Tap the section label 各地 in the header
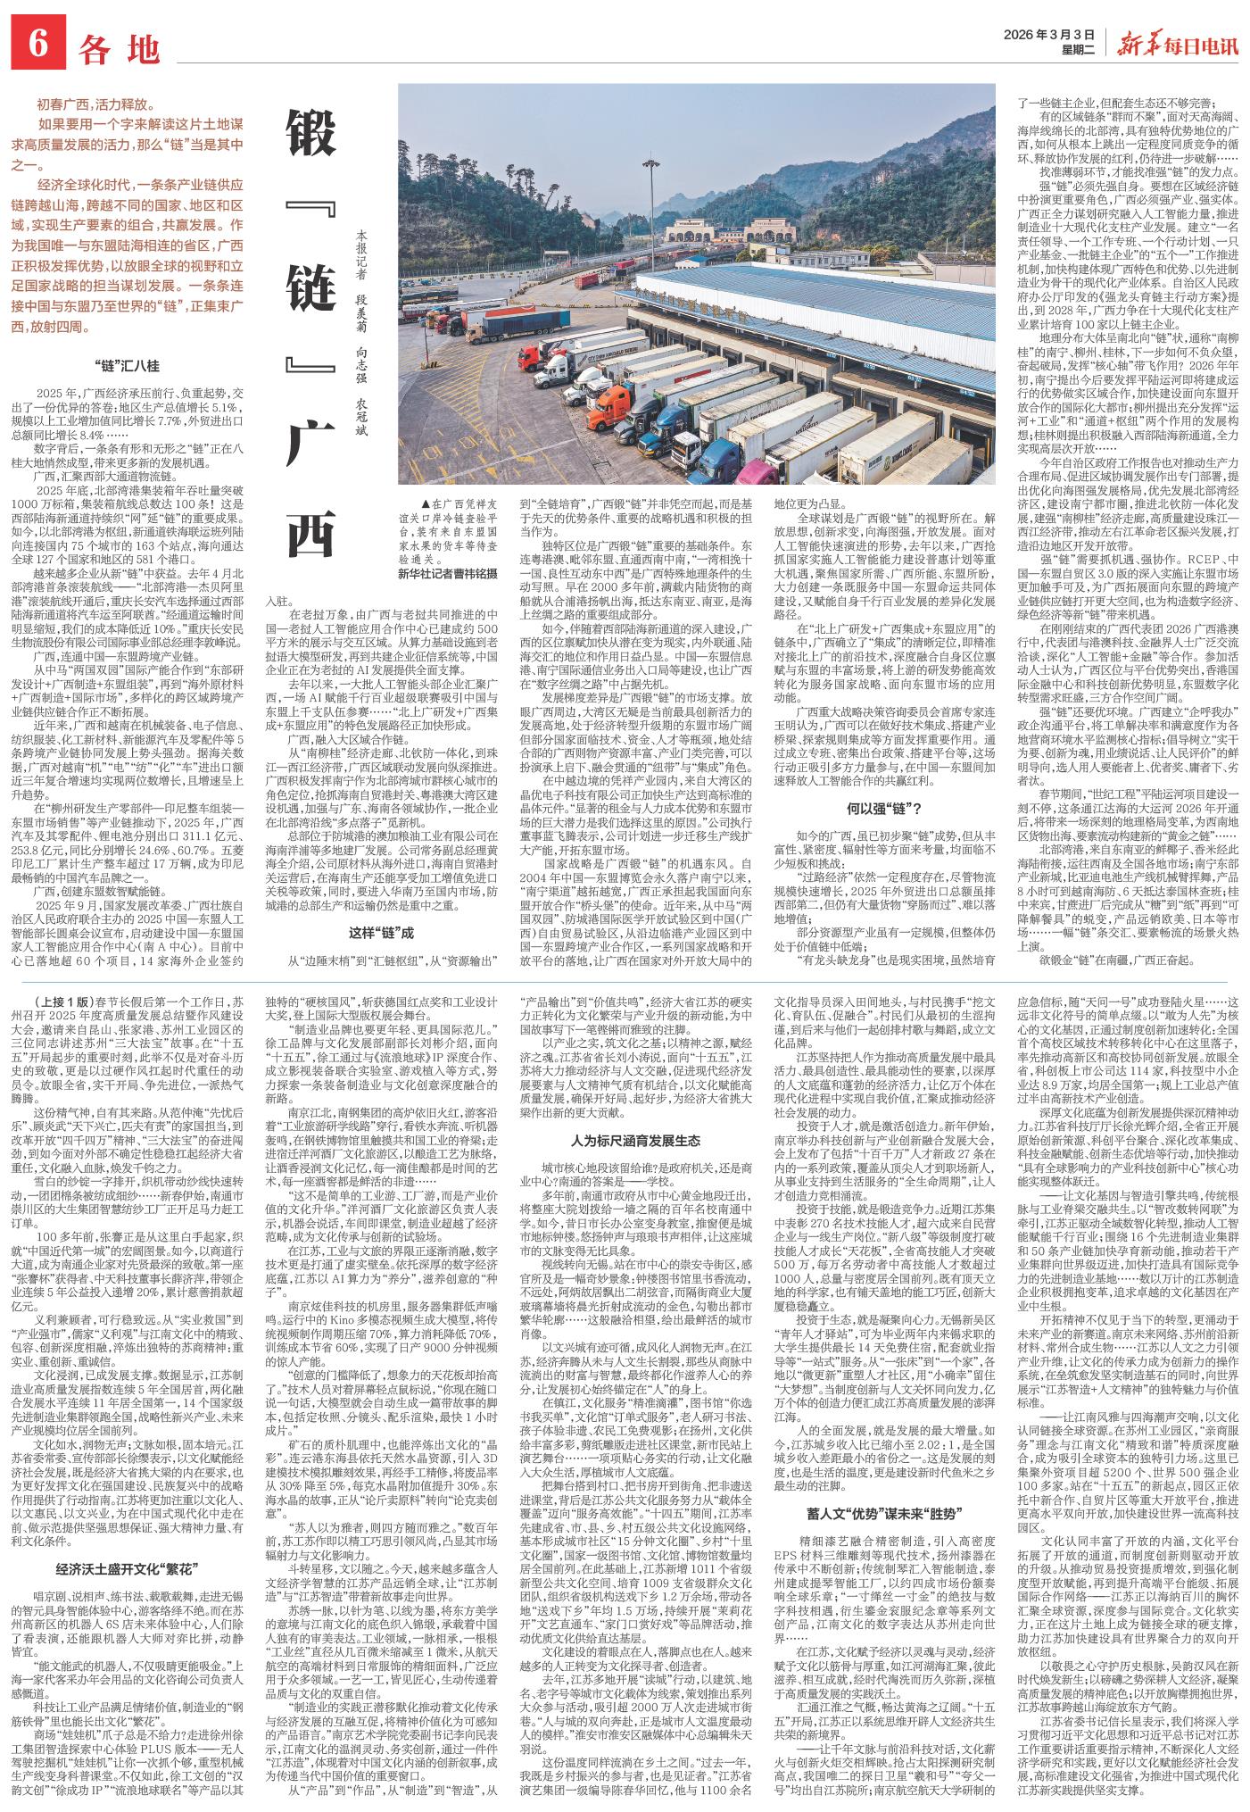click(118, 50)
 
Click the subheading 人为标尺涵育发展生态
click(634, 1140)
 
